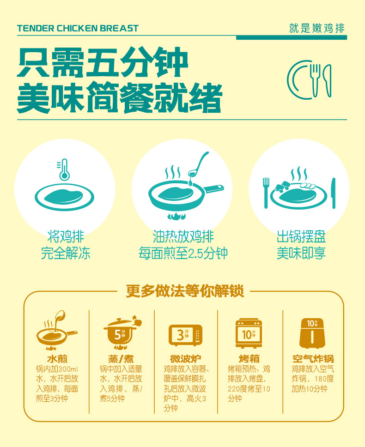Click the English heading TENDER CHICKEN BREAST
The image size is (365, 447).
pos(78,28)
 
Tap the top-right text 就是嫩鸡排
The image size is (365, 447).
pos(317,28)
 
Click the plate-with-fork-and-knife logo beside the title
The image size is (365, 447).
pos(309,80)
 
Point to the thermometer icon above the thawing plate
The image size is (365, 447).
pos(64,169)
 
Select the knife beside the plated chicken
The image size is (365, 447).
pos(334,193)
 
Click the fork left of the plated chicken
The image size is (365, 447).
pos(266,193)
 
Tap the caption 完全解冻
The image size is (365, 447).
pos(66,253)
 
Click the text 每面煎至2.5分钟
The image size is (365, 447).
pos(183,253)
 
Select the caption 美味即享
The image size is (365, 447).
pos(301,253)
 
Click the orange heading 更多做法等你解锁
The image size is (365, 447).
pos(185,291)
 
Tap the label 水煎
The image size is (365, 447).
pos(57,359)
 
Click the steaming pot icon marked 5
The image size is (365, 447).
pos(122,332)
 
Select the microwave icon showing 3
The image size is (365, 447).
pos(186,335)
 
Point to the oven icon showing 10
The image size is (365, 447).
pos(249,333)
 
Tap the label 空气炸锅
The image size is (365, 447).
pos(313,359)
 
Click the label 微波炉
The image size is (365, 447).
pos(185,359)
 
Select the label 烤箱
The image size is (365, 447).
pos(249,359)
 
